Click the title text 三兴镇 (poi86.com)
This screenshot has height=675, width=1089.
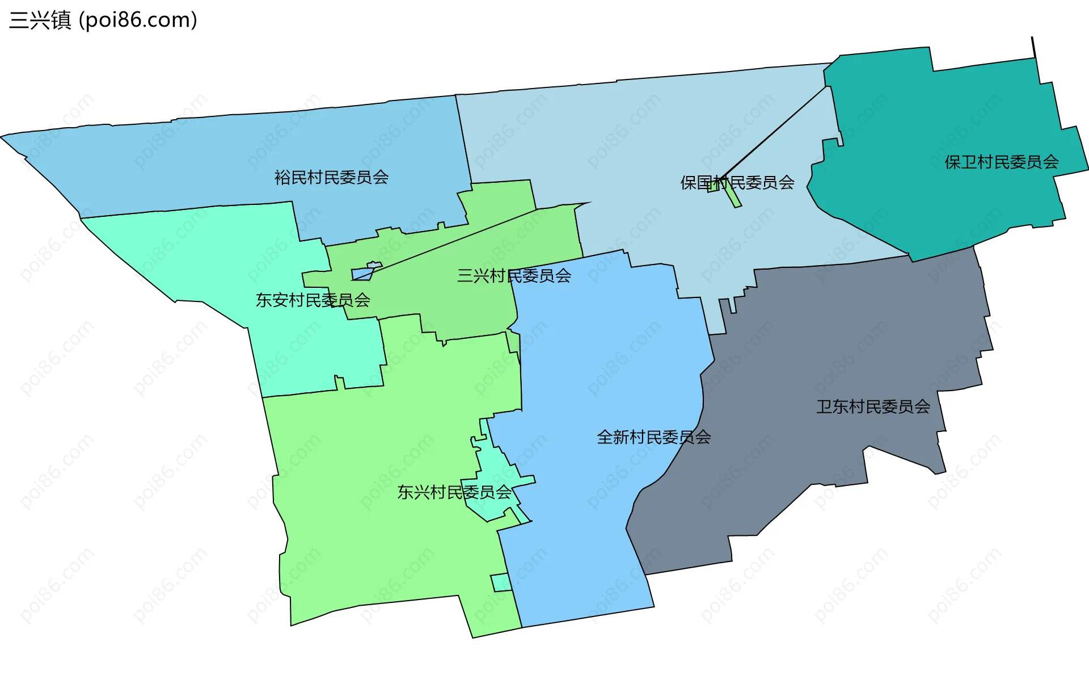click(x=103, y=20)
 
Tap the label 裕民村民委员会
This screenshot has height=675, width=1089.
click(x=331, y=178)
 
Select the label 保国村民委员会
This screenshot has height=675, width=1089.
click(x=737, y=183)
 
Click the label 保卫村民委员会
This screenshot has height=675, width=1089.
click(x=1001, y=162)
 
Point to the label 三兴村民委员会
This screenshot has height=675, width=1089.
click(x=514, y=276)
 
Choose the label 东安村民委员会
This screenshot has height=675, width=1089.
click(x=313, y=300)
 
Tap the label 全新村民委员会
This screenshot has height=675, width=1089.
click(x=653, y=437)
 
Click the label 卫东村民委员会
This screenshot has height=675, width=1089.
click(x=873, y=406)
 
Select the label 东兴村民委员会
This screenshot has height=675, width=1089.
click(x=454, y=492)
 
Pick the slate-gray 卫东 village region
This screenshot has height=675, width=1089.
click(x=839, y=352)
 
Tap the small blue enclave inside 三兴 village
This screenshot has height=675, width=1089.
click(x=361, y=275)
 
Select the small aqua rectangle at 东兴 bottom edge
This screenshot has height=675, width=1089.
click(x=501, y=582)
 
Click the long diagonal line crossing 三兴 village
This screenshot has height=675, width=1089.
click(x=454, y=241)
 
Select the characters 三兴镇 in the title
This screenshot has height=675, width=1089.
click(x=40, y=20)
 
